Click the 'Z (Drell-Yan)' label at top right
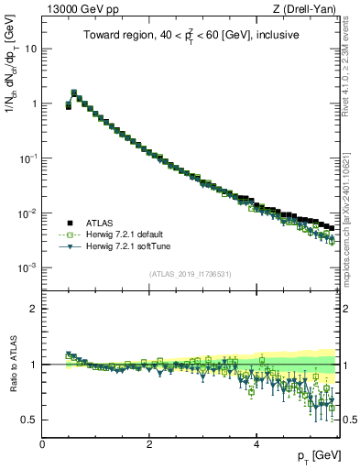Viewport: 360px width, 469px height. click(308, 10)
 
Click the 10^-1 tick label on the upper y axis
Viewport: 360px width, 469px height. click(27, 158)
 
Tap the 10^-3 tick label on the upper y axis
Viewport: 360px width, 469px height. click(27, 267)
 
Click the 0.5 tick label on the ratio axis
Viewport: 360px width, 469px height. click(28, 420)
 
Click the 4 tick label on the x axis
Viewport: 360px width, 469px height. click(256, 444)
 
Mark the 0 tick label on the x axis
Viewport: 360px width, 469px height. click(42, 444)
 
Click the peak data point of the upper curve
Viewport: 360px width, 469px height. click(74, 93)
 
